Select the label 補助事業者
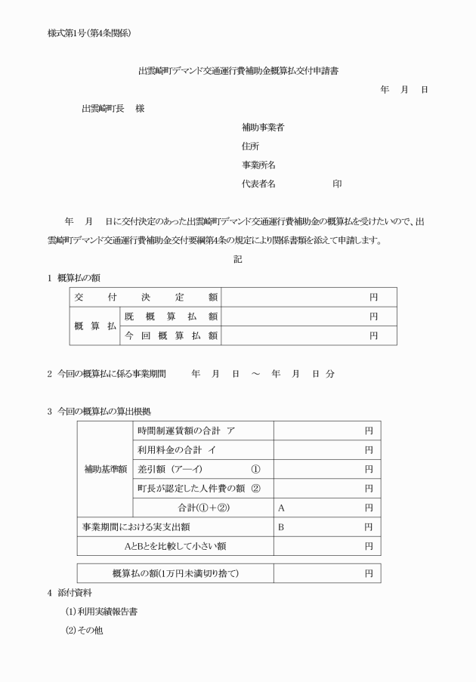[263, 127]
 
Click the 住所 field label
[250, 146]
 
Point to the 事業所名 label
[258, 165]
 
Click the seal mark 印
[337, 184]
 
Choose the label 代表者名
[258, 184]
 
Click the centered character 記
[238, 259]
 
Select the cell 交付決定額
[145, 298]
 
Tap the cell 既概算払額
[171, 316]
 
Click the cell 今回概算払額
[171, 335]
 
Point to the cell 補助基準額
[104, 469]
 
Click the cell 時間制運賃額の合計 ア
[186, 430]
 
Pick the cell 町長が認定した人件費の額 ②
[199, 489]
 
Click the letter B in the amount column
[281, 526]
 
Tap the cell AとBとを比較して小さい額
[175, 545]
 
